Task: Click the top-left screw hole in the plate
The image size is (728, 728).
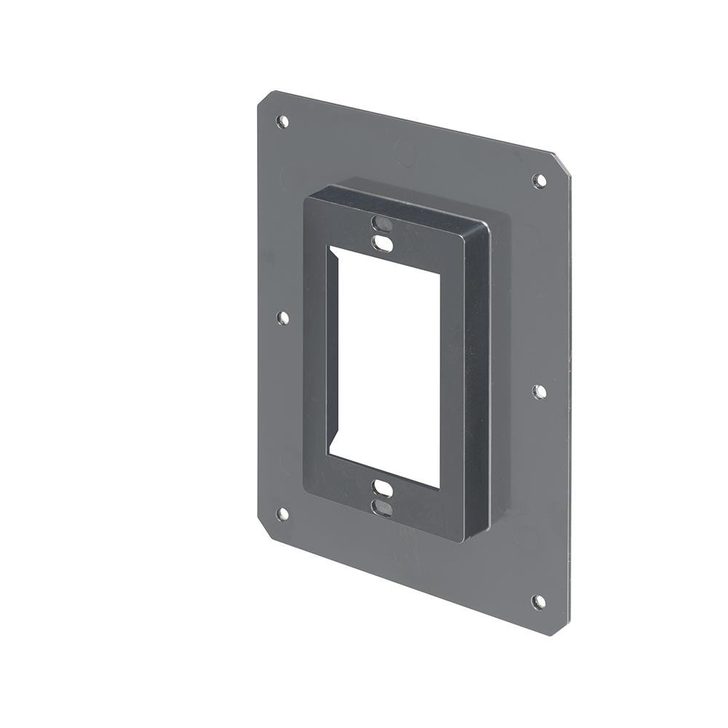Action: coord(282,122)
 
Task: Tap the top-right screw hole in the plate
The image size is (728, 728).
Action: coord(539,181)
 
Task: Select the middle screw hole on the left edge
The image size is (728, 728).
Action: coord(283,317)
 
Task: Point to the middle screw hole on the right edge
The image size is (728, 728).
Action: coord(539,392)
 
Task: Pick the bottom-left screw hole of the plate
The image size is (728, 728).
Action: coord(282,514)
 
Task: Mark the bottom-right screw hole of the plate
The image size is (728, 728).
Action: coord(538,602)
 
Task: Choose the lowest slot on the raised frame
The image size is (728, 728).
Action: coord(381,507)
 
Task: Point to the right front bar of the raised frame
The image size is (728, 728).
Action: coord(451,379)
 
